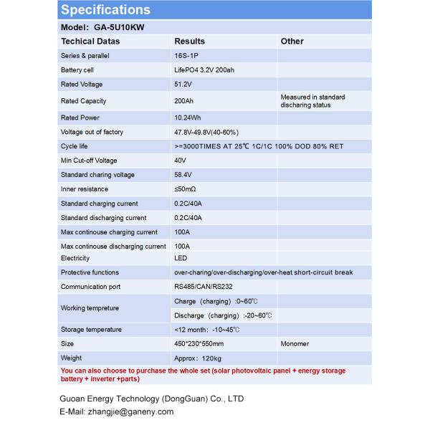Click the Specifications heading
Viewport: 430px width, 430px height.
(x=105, y=10)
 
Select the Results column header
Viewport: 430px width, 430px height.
(x=189, y=42)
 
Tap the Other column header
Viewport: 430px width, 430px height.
(x=292, y=42)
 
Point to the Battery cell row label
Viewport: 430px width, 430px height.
(x=77, y=70)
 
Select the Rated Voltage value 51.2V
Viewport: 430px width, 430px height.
(x=183, y=85)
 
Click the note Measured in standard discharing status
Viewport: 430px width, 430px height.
(x=312, y=101)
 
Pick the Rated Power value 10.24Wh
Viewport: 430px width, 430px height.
(x=187, y=118)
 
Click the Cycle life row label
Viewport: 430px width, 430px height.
(x=75, y=146)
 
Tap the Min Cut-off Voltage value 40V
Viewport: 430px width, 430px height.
(x=181, y=161)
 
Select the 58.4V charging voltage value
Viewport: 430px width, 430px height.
(x=183, y=175)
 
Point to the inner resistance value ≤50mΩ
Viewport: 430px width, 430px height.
(x=185, y=189)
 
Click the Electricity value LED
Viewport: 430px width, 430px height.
(x=181, y=258)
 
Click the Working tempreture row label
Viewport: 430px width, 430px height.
(x=90, y=308)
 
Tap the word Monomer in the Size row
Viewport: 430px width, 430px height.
(x=295, y=344)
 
